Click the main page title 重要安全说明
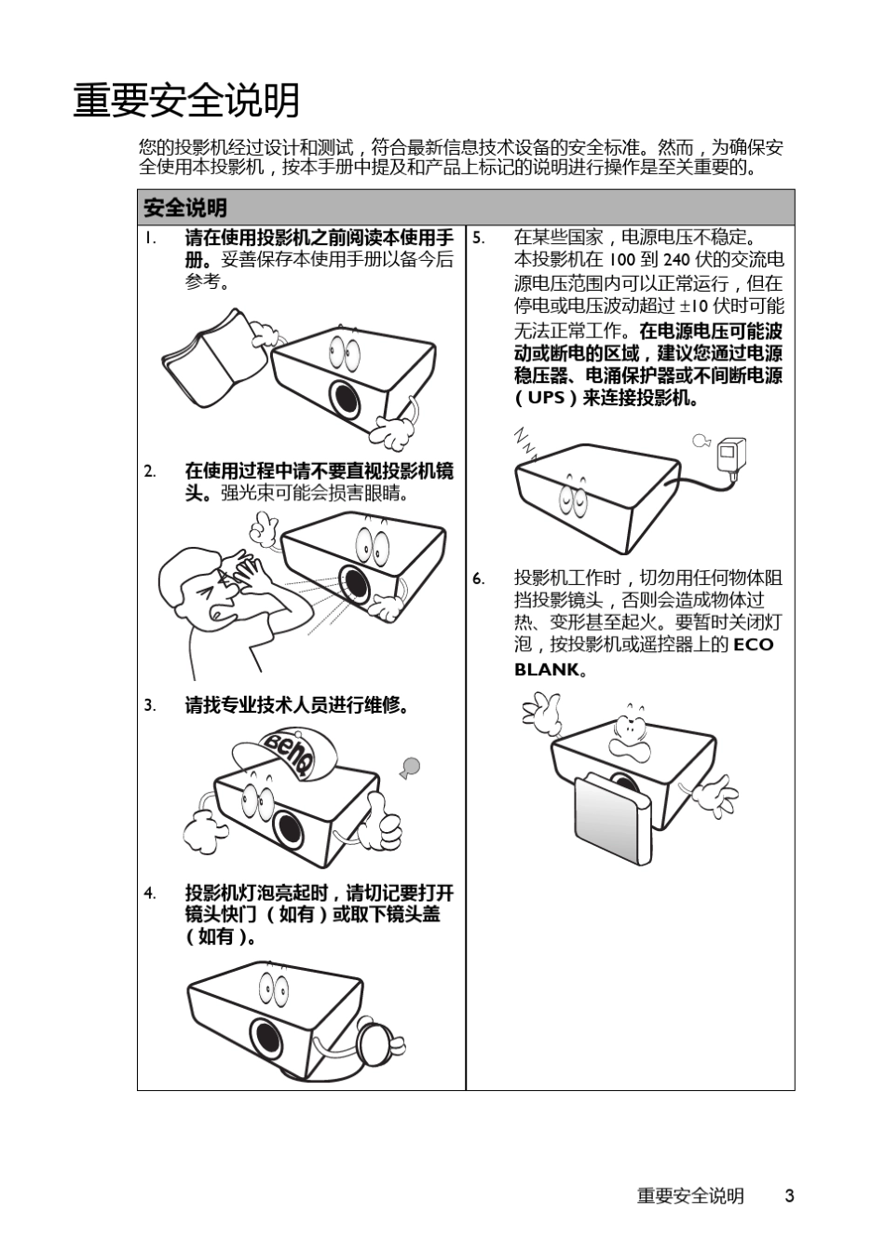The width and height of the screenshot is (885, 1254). pos(186,101)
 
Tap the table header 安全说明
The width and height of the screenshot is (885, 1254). pos(185,208)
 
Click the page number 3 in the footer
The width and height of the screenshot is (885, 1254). pos(789,1196)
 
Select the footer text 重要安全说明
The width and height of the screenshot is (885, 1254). pos(690,1196)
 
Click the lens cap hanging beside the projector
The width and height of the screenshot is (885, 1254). pos(380,1043)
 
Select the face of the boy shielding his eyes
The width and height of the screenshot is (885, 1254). pos(210,596)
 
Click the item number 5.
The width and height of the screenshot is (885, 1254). pos(478,238)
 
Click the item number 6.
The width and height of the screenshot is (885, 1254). pos(478,579)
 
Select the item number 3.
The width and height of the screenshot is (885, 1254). pos(149,705)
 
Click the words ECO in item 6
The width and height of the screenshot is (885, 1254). pos(754,645)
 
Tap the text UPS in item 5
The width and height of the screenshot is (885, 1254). pos(546,398)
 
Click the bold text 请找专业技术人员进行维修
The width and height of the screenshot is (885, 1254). pos(297,705)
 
